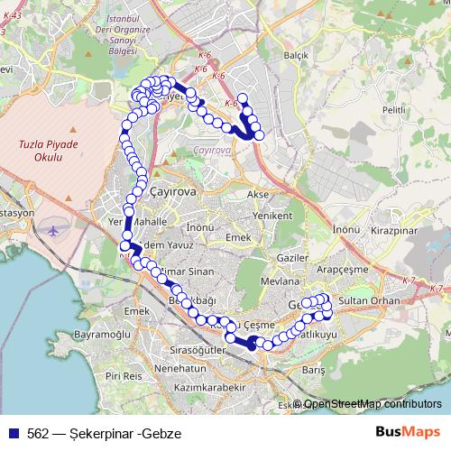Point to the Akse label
258,195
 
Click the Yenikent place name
274,216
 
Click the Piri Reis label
124,374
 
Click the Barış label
312,370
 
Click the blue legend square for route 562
14,433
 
